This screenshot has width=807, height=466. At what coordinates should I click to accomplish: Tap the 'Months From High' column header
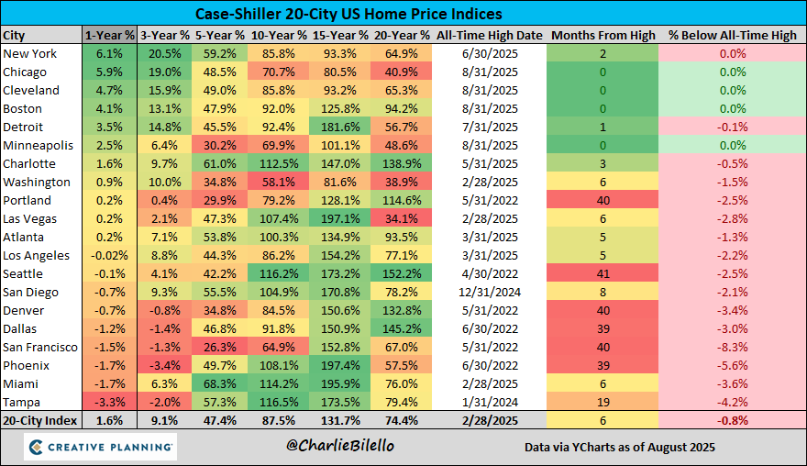pos(602,35)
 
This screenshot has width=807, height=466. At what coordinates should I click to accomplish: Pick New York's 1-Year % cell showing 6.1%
pos(109,53)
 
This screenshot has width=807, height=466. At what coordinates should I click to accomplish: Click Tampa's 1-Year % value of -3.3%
pos(109,402)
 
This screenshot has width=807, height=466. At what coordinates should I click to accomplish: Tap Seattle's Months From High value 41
pos(602,273)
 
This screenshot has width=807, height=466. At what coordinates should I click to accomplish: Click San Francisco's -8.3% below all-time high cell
pos(732,347)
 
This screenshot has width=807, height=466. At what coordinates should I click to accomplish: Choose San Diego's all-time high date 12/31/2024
pos(490,292)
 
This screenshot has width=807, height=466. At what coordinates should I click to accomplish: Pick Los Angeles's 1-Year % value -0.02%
pos(109,255)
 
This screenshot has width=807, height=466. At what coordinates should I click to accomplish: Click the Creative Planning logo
pos(100,447)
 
